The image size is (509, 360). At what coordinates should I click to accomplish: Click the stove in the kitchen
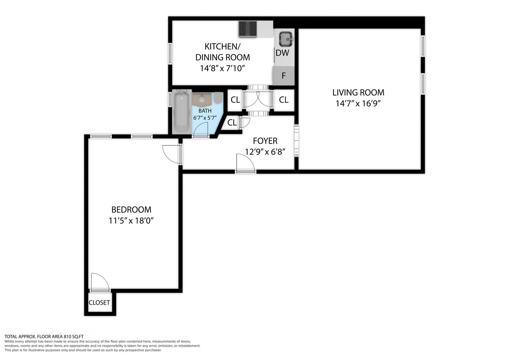tap(247, 29)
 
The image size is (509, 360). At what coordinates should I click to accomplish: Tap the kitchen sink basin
tap(286, 39)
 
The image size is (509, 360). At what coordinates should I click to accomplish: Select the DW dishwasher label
tap(282, 53)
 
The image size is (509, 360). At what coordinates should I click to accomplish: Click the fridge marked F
tap(284, 76)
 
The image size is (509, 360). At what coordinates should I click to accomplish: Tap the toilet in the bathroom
tap(218, 98)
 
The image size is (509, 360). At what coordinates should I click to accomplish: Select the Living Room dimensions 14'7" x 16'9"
tap(358, 104)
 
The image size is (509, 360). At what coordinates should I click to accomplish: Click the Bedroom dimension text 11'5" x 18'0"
tap(131, 221)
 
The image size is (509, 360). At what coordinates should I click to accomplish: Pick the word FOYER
tap(265, 141)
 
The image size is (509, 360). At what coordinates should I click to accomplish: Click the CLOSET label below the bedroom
tap(99, 303)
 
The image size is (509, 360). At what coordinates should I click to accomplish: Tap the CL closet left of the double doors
tap(235, 100)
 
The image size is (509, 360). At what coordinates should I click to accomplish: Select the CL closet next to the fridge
tap(284, 100)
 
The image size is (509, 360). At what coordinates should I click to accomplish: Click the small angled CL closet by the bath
tap(232, 123)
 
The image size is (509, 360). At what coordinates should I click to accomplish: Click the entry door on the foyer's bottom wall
tap(245, 164)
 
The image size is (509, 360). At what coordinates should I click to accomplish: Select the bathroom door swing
tap(201, 130)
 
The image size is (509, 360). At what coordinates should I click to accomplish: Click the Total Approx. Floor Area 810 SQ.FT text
tap(44, 337)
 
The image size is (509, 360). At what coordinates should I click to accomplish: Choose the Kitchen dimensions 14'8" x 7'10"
tap(222, 68)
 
